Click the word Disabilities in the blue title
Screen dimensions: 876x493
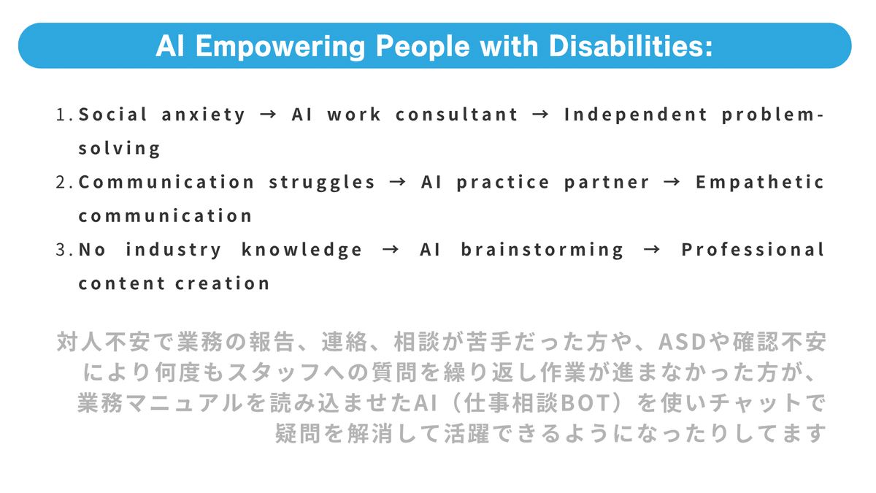[x=631, y=46]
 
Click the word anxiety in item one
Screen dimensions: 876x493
[x=204, y=115]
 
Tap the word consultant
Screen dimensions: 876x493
[x=457, y=115]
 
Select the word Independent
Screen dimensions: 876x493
[x=636, y=115]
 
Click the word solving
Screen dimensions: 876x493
[x=119, y=149]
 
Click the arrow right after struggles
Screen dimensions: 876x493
[x=398, y=183]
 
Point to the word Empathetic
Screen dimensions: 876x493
[x=760, y=183]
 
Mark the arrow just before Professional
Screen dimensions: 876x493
[x=652, y=250]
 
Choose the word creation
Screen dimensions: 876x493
[x=223, y=283]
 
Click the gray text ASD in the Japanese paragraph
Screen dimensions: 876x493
[x=683, y=342]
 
